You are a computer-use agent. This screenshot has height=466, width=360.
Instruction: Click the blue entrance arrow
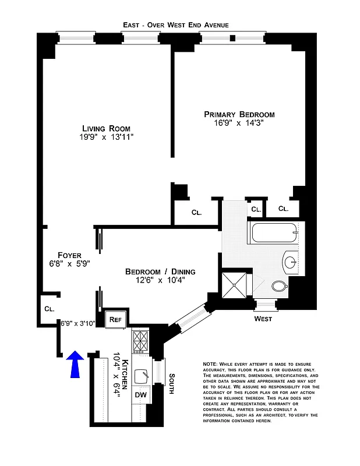76,365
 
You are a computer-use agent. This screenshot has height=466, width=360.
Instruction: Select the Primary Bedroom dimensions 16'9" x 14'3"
239,123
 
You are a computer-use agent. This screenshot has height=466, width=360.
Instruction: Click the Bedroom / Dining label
160,271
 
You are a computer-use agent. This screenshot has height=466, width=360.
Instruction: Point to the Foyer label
69,255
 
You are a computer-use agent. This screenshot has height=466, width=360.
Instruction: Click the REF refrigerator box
115,319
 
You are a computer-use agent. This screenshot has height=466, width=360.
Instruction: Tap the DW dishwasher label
140,395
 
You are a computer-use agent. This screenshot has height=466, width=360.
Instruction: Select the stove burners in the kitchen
141,342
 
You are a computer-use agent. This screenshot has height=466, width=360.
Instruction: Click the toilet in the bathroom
280,286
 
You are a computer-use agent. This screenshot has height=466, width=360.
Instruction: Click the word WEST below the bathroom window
263,319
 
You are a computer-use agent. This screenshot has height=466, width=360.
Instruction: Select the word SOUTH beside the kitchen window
171,383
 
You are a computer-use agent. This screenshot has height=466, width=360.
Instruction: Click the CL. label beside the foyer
48,309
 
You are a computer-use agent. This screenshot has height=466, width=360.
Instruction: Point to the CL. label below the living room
196,213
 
